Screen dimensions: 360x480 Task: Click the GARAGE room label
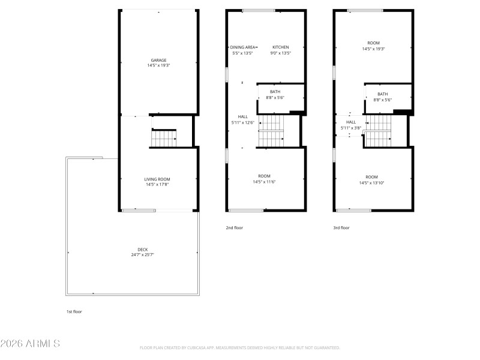pos(158,60)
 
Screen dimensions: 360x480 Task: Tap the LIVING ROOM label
pos(158,179)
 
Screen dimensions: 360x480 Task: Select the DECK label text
pos(142,250)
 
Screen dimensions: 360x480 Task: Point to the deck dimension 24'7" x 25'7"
pos(142,255)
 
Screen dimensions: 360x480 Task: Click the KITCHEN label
pos(281,47)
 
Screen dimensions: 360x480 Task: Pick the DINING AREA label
pos(243,47)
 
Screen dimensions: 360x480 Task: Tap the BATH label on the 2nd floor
pos(275,92)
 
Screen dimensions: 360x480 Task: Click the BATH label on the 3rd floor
pos(382,94)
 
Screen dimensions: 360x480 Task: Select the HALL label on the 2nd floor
pos(242,117)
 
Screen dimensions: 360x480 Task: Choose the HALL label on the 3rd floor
pos(351,122)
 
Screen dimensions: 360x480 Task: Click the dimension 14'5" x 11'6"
pos(264,182)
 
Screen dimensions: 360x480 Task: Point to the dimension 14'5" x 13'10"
pos(372,182)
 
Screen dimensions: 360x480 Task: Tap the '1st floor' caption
pos(74,311)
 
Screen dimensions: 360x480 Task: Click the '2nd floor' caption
pos(234,227)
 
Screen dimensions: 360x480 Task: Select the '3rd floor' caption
pos(341,227)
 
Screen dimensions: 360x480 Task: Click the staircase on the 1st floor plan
pos(163,139)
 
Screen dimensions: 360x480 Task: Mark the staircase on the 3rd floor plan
pos(377,131)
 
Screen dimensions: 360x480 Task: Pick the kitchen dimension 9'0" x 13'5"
pos(281,53)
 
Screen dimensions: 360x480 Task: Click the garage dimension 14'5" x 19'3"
pos(158,65)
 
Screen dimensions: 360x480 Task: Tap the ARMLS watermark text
pos(30,344)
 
